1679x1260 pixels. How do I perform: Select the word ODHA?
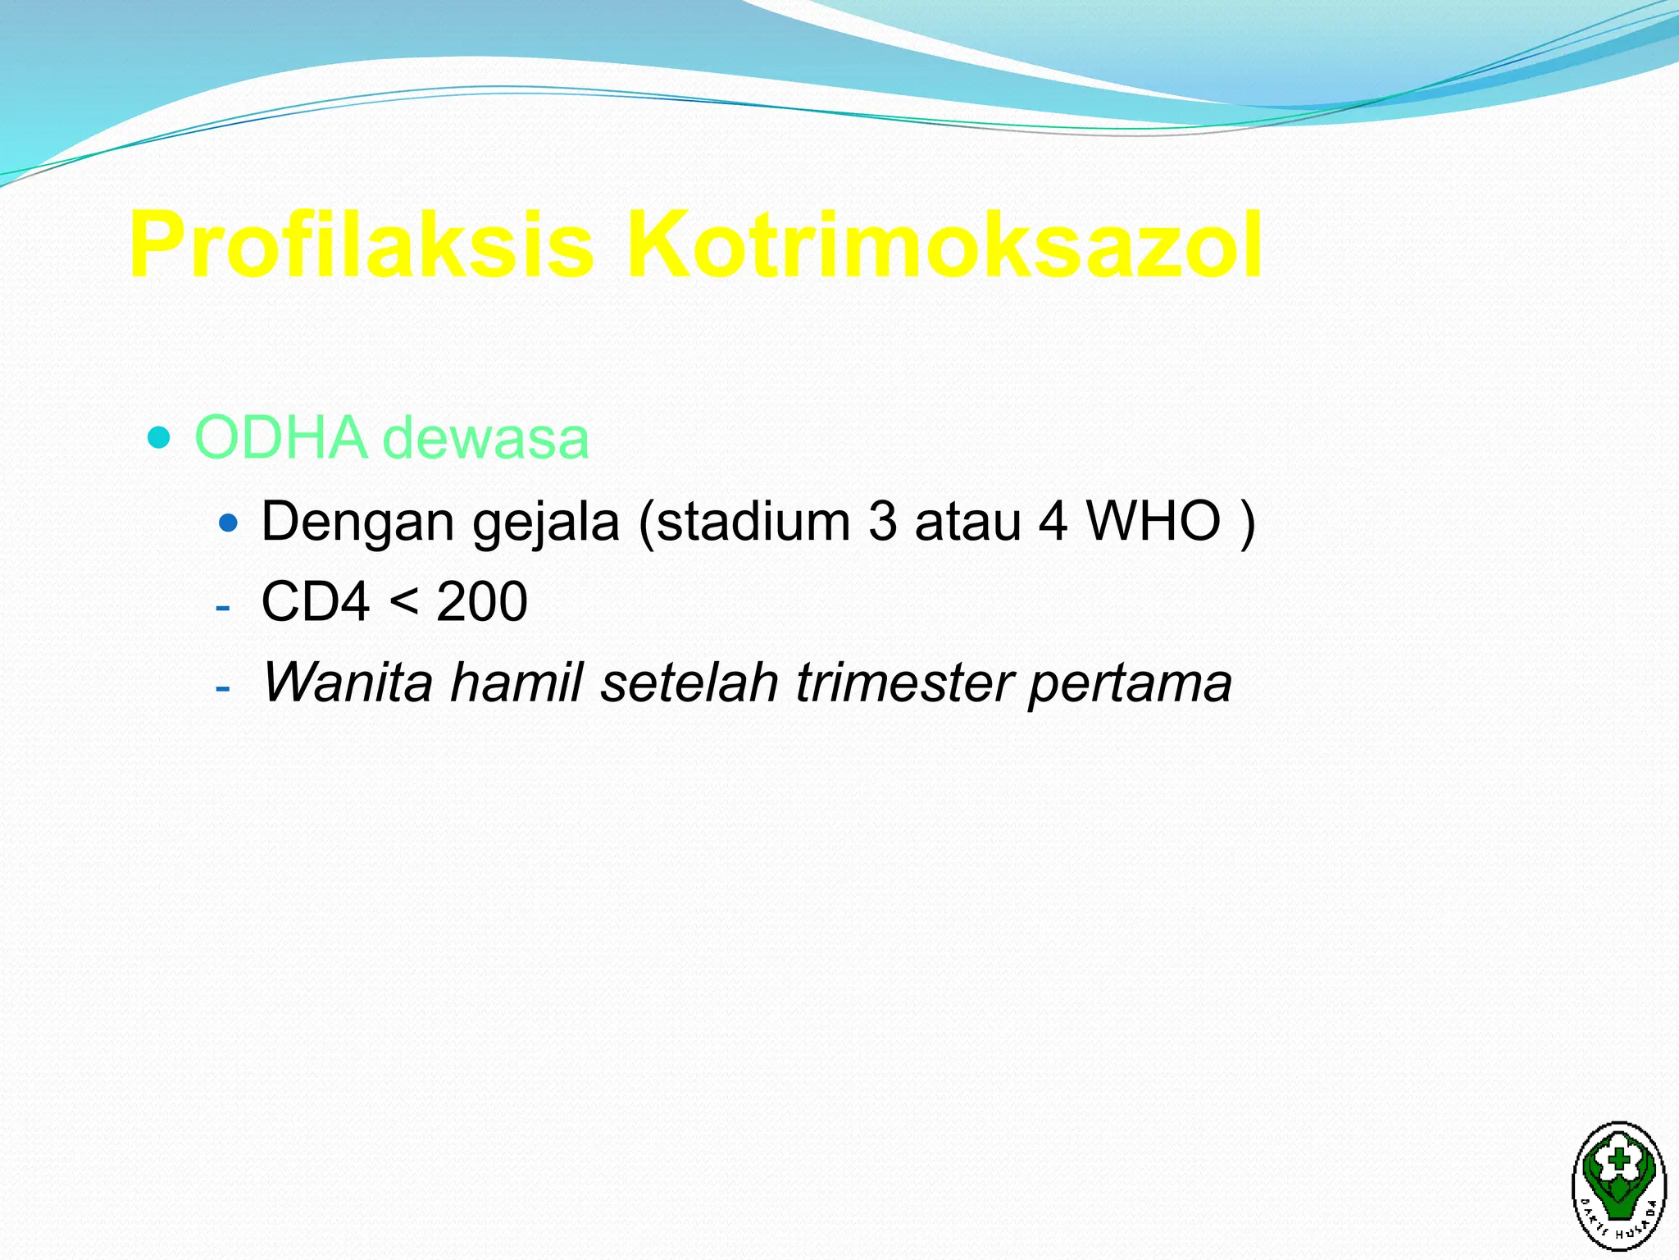coord(280,437)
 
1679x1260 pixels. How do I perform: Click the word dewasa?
coord(486,437)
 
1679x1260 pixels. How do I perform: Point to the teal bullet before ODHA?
coord(158,437)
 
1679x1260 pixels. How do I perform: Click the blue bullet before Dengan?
coord(229,522)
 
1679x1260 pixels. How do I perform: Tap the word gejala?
coord(546,522)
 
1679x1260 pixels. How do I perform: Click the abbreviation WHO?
coord(1153,522)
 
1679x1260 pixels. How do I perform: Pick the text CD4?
coord(316,601)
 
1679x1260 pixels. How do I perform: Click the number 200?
coord(482,601)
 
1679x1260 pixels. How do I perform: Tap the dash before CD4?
coord(222,608)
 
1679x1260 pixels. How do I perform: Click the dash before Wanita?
coord(222,687)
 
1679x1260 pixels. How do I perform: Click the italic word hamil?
coord(516,682)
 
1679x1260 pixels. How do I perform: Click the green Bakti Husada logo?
coord(1618,1184)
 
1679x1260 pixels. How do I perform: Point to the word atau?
coord(967,522)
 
